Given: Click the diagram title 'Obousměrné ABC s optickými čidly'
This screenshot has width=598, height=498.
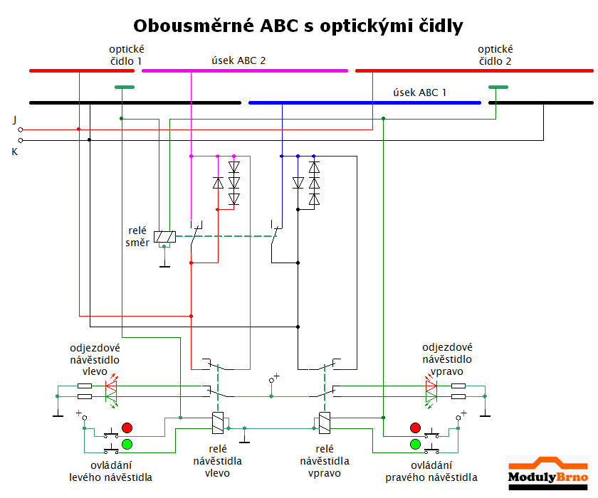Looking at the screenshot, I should [x=298, y=26].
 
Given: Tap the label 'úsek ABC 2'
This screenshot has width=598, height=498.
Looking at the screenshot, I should [x=239, y=60].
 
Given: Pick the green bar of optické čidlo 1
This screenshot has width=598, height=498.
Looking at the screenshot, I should [x=124, y=88].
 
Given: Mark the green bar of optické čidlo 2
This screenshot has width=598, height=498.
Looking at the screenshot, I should [x=498, y=88].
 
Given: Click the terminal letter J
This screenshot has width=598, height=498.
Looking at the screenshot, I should [x=14, y=120].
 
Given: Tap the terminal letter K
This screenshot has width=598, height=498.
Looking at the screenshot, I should [x=14, y=152].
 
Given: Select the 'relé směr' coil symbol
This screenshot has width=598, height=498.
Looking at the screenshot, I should [x=165, y=235].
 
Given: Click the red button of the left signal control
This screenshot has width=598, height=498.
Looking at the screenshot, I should [x=127, y=428].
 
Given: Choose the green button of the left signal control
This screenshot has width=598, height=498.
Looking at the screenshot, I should [x=127, y=445].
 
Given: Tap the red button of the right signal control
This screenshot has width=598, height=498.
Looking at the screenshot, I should [x=415, y=428].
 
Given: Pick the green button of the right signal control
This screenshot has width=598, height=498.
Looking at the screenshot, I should [x=415, y=445].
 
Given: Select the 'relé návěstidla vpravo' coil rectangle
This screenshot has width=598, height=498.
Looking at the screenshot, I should [x=325, y=423].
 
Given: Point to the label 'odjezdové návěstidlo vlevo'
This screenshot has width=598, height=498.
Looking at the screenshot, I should [x=95, y=360].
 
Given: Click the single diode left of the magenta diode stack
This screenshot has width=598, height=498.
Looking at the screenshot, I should [x=219, y=183].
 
